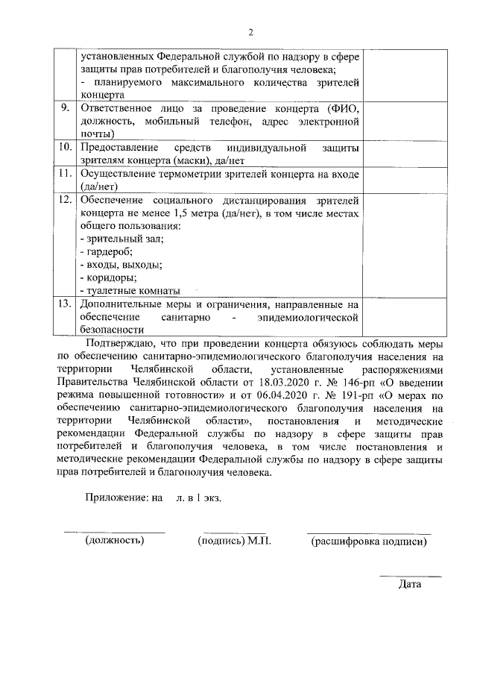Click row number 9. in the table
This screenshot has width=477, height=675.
66,108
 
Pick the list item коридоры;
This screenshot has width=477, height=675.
110,277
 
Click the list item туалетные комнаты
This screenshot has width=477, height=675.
131,290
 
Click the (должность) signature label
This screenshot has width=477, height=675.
114,541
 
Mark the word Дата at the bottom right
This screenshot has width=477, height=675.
410,584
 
